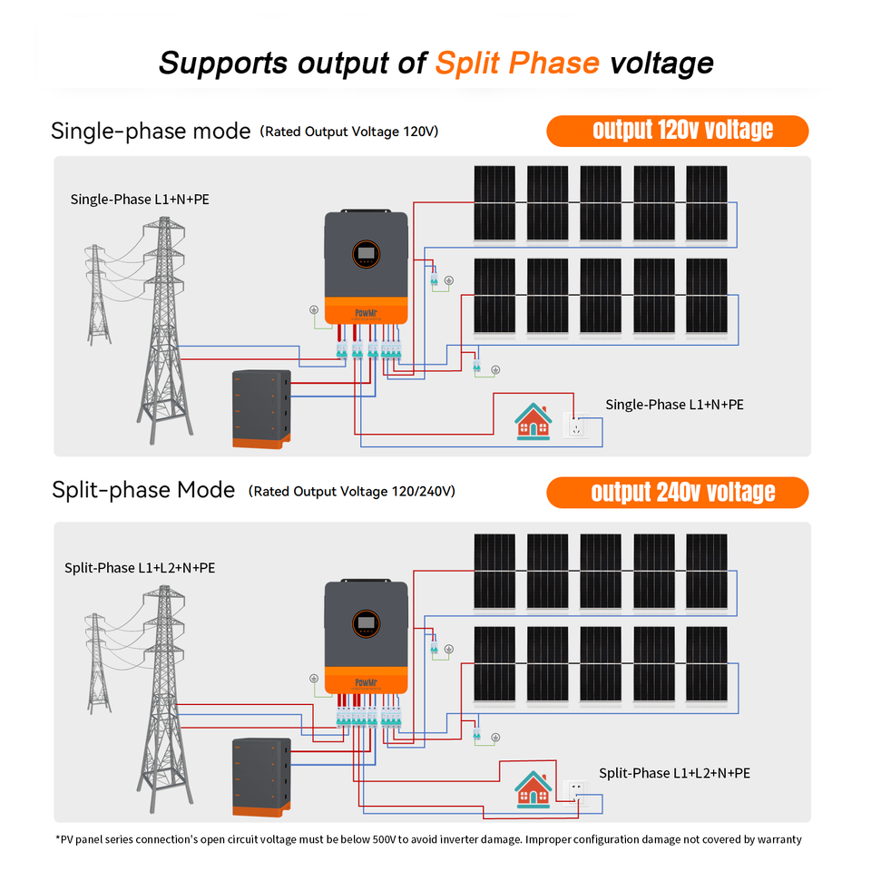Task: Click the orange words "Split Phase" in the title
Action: point(517,63)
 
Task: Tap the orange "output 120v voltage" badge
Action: point(677,131)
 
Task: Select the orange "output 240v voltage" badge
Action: point(677,493)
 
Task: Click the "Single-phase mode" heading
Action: point(151,132)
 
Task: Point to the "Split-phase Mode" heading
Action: point(143,491)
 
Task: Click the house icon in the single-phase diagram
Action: point(533,421)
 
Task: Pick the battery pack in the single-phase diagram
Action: point(262,409)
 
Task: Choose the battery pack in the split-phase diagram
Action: point(261,776)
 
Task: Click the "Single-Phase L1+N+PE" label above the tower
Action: point(140,199)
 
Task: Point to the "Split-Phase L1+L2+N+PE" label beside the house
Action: point(674,773)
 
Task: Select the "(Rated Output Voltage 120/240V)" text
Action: point(352,492)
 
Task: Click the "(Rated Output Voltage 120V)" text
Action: point(349,132)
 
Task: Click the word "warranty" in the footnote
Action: point(777,839)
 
